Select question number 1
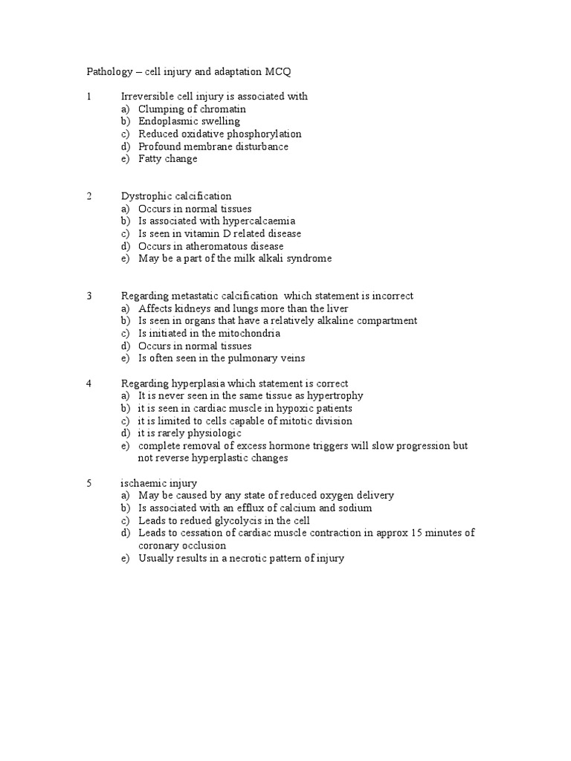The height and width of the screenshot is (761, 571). point(88,97)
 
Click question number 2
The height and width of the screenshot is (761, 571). point(88,196)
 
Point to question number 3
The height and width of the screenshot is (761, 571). point(88,296)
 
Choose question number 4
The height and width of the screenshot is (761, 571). point(88,383)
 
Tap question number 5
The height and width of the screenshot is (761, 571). point(88,483)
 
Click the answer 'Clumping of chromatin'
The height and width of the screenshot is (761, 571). point(192,109)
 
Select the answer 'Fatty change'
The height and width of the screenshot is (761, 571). point(167,159)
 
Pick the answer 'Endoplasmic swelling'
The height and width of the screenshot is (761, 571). point(189,121)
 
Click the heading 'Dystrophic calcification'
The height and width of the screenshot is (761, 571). point(176,196)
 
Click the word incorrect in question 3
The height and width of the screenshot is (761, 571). point(391,296)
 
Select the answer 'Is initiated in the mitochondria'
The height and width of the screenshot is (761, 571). point(209,333)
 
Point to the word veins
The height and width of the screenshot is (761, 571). point(291,358)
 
